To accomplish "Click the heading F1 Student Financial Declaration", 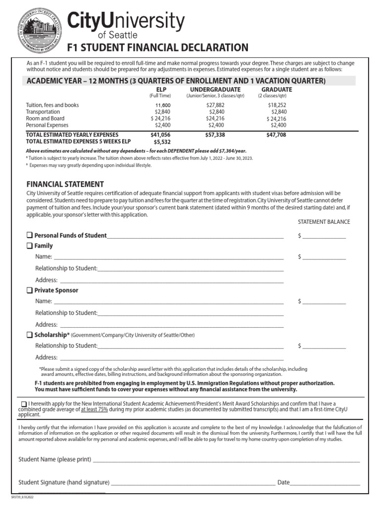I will click(158, 48).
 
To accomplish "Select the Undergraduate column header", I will click(208, 89).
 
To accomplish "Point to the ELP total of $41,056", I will click(160, 135).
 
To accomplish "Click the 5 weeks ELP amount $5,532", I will click(162, 142).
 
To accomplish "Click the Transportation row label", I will click(43, 112).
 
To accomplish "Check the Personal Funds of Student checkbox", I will click(30, 235).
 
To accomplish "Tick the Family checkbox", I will click(30, 246).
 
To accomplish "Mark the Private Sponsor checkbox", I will click(30, 290).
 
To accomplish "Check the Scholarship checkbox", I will click(30, 335).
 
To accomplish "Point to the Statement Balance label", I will click(324, 222).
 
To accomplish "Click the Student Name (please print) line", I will click(226, 459).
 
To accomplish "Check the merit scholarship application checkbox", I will click(24, 404).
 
